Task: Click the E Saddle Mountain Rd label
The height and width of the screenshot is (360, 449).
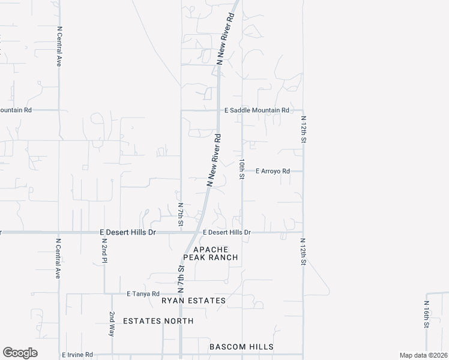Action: click(256, 110)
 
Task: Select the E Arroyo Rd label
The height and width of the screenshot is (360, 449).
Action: click(273, 171)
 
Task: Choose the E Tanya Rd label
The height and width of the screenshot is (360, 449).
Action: click(142, 294)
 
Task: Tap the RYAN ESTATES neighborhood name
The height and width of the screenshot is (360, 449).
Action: click(193, 300)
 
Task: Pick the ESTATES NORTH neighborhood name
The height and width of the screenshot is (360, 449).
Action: click(158, 321)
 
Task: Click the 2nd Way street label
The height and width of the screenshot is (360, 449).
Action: click(112, 324)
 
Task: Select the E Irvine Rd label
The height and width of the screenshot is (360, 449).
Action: click(77, 355)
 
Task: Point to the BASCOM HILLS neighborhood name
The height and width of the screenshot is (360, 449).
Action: click(241, 347)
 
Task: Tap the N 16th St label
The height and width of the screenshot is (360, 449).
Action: click(426, 314)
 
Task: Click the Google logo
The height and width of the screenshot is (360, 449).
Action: click(20, 353)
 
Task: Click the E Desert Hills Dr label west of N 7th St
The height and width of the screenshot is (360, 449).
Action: click(128, 232)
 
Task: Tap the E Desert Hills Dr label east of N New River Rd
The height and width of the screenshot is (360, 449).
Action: click(226, 232)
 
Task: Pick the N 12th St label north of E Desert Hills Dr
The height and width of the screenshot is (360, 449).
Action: click(304, 130)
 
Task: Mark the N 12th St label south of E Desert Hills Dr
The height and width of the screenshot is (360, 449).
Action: click(304, 251)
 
